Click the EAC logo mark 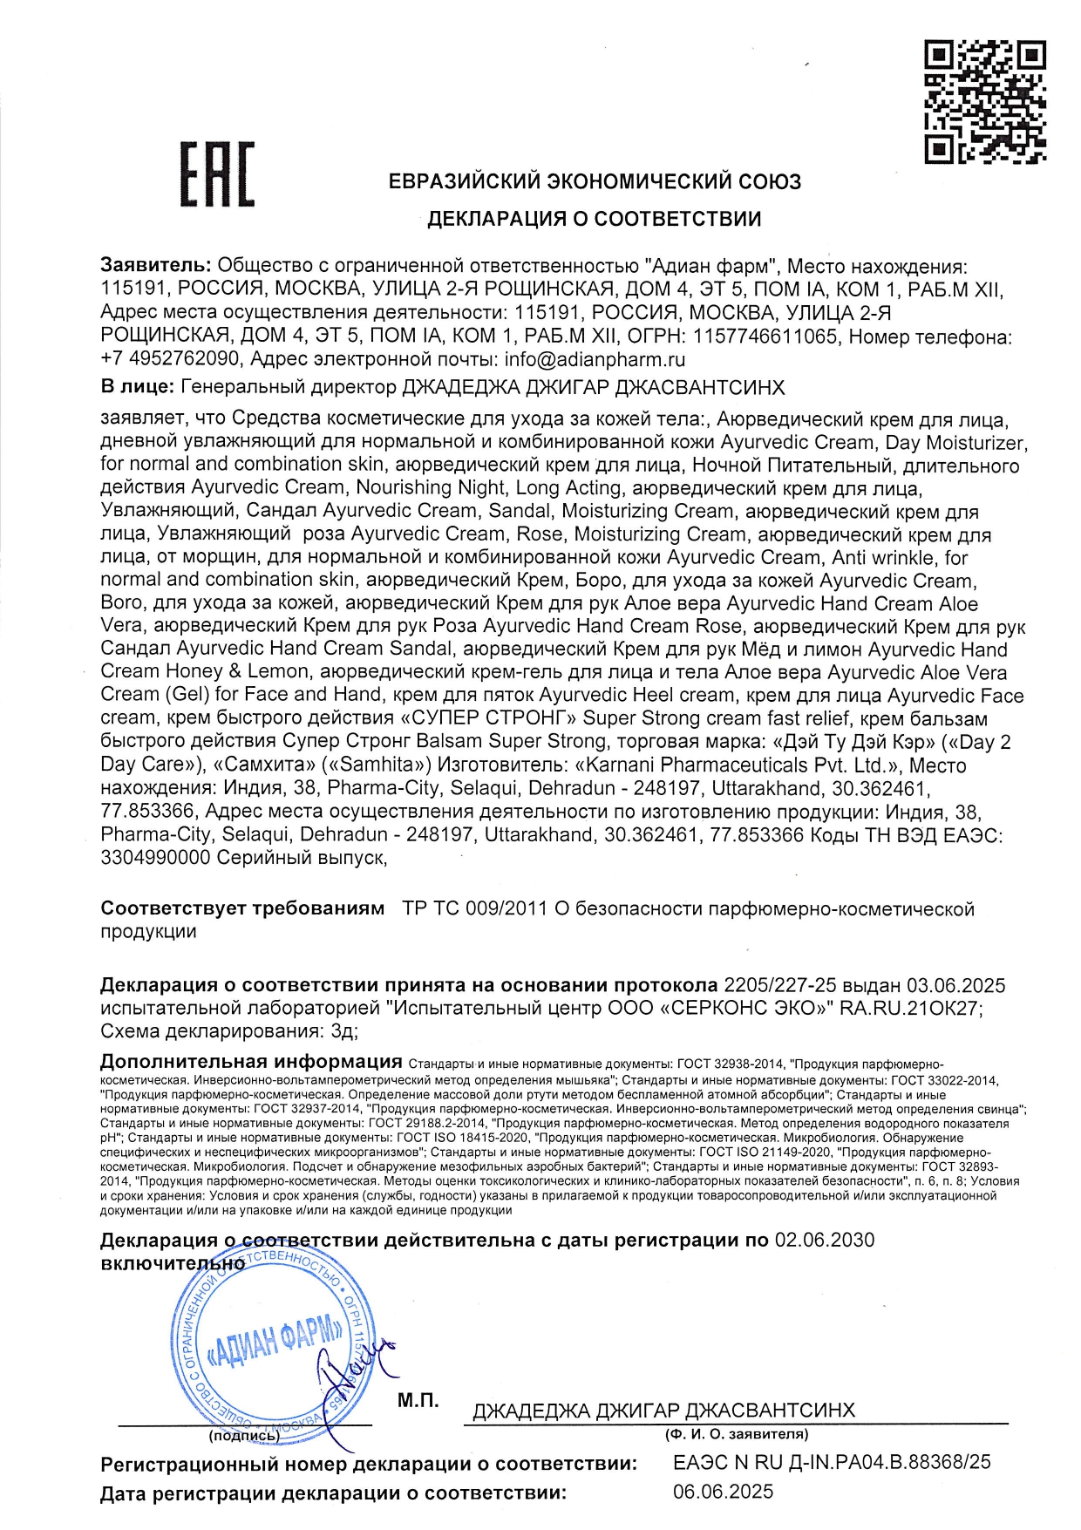(x=217, y=174)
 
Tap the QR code (x=984, y=101)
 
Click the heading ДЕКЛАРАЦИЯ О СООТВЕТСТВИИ (x=594, y=219)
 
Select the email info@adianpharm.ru (x=595, y=359)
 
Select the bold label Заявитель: (x=155, y=266)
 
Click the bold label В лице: (x=137, y=387)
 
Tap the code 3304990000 (x=155, y=858)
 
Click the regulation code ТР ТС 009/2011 (x=474, y=908)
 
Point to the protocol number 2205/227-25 (x=779, y=985)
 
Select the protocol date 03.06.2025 (x=955, y=985)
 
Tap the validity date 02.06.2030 (x=824, y=1240)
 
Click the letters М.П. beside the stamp (x=418, y=1400)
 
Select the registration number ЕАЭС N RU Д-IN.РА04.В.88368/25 (x=832, y=1462)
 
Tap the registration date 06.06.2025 (x=723, y=1492)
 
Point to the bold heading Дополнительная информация (x=251, y=1062)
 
